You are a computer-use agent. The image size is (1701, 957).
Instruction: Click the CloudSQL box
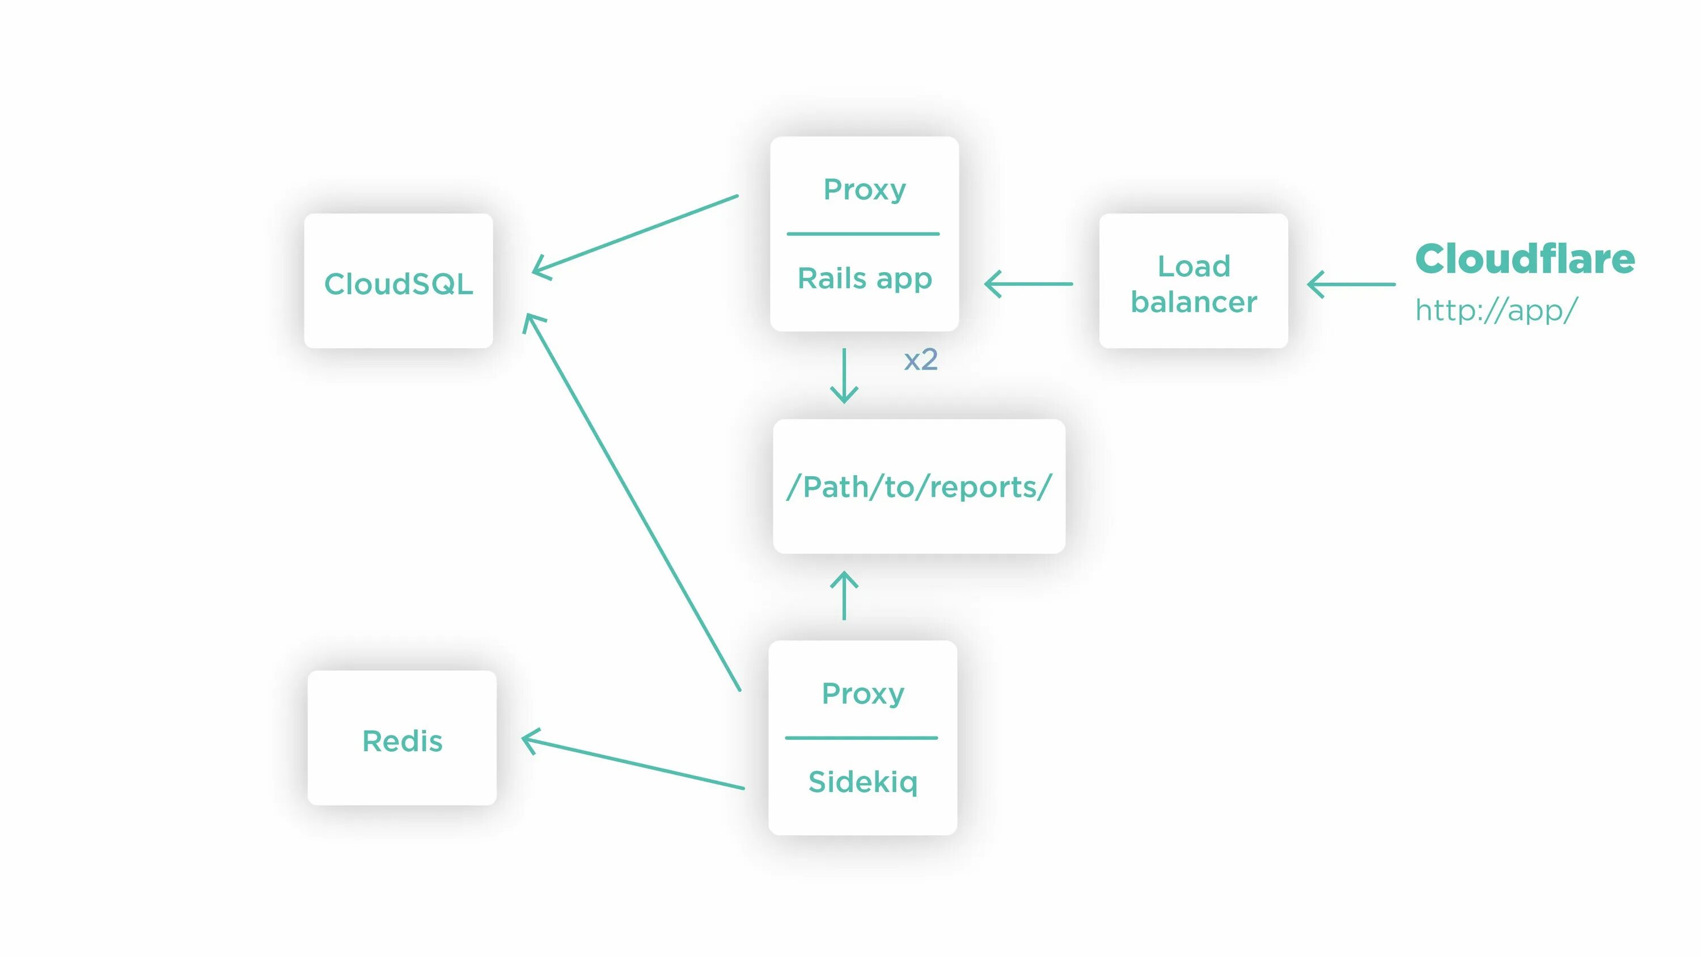point(398,281)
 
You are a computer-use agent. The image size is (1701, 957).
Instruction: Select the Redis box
point(401,738)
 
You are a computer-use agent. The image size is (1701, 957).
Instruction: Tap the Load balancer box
point(1193,281)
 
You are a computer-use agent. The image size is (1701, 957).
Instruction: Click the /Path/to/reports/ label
point(919,487)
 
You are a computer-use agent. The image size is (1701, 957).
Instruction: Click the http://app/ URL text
point(1496,310)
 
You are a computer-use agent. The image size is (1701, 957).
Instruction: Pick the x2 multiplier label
point(920,360)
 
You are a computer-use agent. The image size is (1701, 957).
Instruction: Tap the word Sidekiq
point(862,782)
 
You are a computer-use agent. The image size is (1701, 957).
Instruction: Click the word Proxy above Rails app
point(864,189)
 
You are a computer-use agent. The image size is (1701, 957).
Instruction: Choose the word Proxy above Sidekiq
point(862,693)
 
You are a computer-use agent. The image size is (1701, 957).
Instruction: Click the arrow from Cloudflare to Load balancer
point(1351,285)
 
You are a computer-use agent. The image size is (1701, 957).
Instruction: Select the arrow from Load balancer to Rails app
point(1028,285)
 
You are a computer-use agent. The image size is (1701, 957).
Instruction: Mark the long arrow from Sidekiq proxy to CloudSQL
point(632,502)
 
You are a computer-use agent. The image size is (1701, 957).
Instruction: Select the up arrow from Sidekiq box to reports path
point(844,596)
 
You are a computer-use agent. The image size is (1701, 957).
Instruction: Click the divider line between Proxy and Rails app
point(863,234)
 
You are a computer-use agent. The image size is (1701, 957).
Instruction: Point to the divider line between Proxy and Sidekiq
point(861,738)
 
